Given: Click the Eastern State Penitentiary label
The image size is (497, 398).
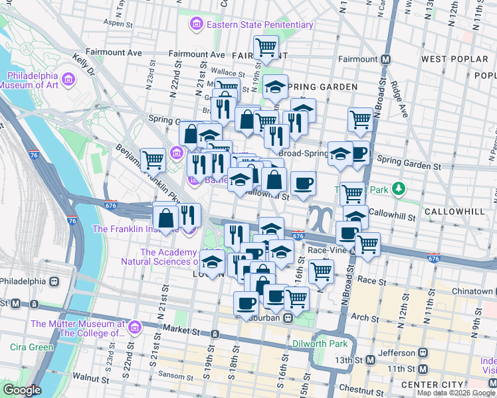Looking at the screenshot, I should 259,25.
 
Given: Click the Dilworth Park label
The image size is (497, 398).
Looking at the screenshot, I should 321,344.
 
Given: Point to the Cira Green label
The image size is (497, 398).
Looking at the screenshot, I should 31,347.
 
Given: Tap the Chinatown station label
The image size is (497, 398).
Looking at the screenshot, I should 470,291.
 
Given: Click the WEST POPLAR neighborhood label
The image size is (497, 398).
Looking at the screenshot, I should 454,59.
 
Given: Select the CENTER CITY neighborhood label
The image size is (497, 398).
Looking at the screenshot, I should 429,385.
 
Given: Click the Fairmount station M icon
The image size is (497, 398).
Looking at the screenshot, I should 385,59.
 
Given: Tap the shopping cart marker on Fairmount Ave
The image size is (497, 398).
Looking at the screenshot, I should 266,46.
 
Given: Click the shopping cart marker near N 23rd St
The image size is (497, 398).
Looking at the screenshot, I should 153,159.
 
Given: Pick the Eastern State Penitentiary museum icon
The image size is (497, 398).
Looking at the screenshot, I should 196,25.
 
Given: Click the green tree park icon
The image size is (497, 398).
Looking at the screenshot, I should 399,189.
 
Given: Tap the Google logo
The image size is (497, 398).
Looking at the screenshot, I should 22,390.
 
